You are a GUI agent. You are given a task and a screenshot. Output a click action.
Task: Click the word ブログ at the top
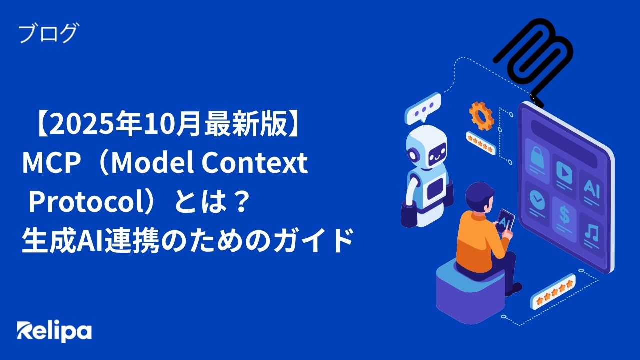coord(48,34)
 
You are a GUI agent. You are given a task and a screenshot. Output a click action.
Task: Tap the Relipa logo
coord(54,331)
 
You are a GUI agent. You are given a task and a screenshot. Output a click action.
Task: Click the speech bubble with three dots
coord(423,109)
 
